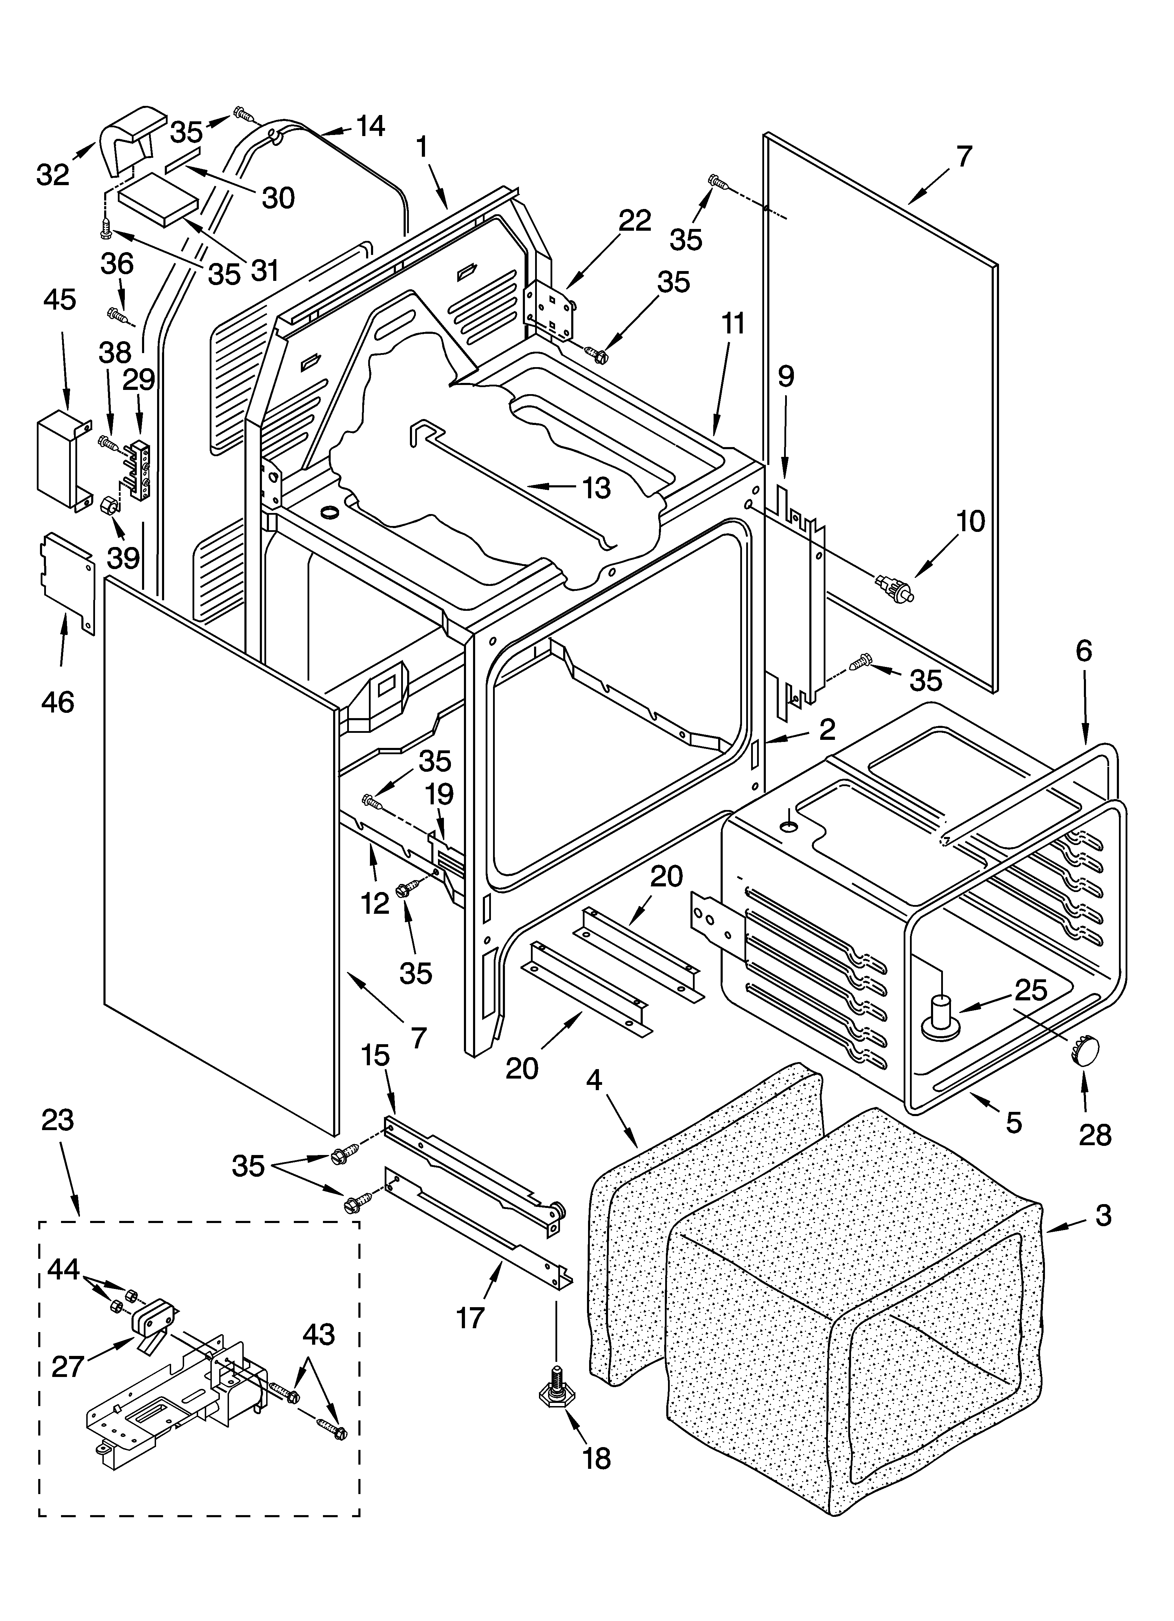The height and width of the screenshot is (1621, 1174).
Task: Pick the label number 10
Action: click(970, 522)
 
